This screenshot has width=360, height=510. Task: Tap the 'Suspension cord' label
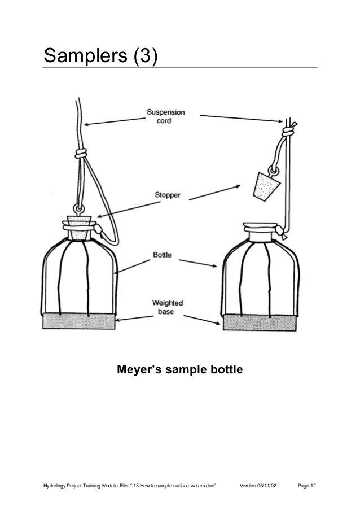(x=166, y=116)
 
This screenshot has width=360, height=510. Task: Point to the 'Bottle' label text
(x=163, y=255)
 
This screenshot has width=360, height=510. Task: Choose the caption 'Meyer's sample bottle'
(x=179, y=370)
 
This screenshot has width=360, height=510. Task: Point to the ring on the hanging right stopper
(x=275, y=169)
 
